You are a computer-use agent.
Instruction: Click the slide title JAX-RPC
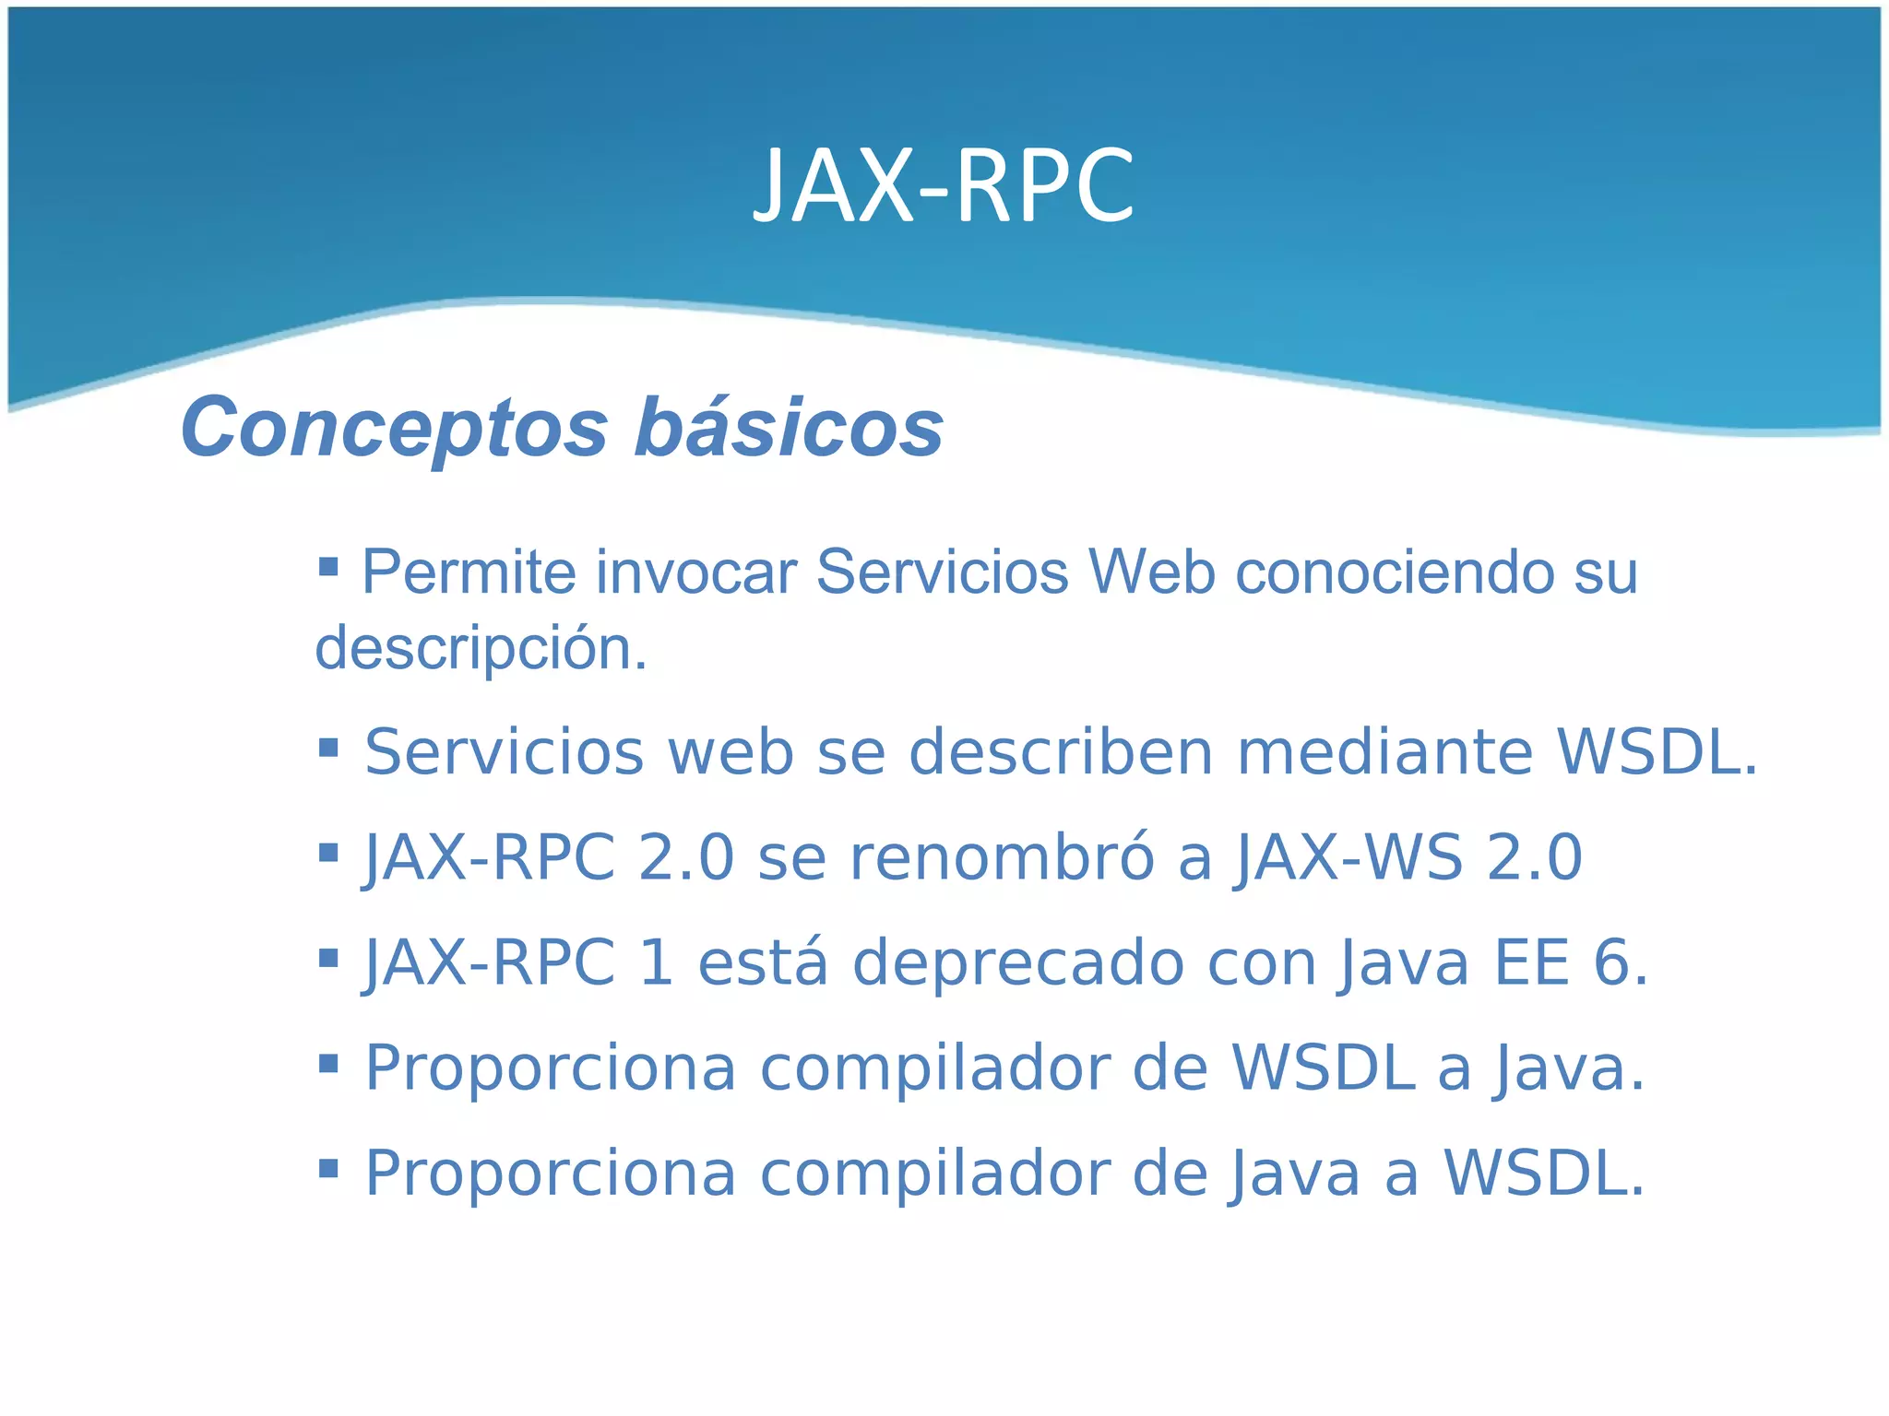coord(944,186)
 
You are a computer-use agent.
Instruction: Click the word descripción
coord(481,649)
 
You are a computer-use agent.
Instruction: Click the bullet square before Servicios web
coord(328,747)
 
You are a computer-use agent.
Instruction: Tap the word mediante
coord(1384,752)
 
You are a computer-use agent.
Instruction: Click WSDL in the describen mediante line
coord(1657,752)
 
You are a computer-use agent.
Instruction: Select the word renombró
coord(1002,857)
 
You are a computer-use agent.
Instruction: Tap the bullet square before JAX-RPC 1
coord(328,959)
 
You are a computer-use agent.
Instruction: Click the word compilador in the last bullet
coord(933,1174)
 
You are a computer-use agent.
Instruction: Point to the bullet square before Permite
coord(328,565)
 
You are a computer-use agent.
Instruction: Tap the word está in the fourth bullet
coord(763,963)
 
